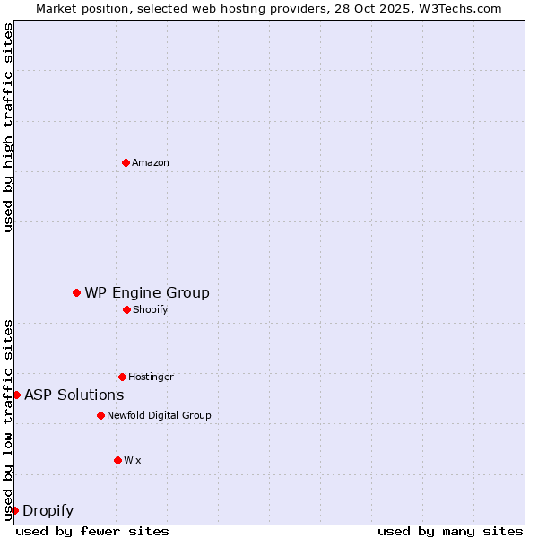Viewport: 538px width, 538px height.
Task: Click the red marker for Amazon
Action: point(126,162)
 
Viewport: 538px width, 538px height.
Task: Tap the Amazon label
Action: point(151,162)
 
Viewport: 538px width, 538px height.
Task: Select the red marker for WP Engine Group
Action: point(76,292)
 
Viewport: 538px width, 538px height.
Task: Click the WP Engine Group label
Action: point(147,292)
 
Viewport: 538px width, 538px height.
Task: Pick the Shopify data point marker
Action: point(126,309)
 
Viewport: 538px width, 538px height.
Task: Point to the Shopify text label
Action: point(151,309)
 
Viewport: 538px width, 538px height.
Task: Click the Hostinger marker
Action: point(122,377)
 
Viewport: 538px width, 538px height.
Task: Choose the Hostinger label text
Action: point(151,377)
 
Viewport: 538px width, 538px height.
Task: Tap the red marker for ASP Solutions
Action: point(16,395)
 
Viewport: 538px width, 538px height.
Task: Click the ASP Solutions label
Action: point(74,395)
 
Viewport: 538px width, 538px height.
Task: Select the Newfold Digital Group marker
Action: point(100,415)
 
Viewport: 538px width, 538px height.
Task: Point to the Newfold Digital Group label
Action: point(159,415)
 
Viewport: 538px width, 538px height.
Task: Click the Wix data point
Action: point(117,460)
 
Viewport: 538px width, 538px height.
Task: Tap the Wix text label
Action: point(133,460)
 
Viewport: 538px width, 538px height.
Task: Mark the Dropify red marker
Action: point(14,510)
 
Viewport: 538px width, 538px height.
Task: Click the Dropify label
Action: point(48,511)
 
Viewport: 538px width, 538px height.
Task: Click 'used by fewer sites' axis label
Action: point(92,531)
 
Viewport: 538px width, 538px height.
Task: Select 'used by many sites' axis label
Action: point(450,531)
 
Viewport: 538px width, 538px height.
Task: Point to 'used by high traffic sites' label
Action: point(8,127)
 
